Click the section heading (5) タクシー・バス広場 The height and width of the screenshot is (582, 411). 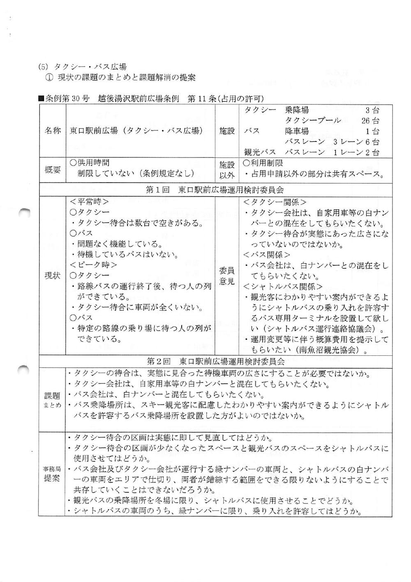point(82,66)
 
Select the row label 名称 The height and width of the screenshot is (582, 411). point(52,131)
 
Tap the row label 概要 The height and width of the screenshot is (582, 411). point(52,170)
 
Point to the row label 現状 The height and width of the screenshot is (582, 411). point(52,276)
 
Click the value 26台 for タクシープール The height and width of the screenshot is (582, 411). point(371,121)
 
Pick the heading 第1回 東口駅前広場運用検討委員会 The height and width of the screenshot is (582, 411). point(215,190)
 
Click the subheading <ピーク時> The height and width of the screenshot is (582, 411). point(93,265)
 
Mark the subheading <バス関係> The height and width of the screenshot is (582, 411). point(266,255)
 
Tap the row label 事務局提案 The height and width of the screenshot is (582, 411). point(52,474)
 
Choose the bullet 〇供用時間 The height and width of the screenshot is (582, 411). point(90,163)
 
